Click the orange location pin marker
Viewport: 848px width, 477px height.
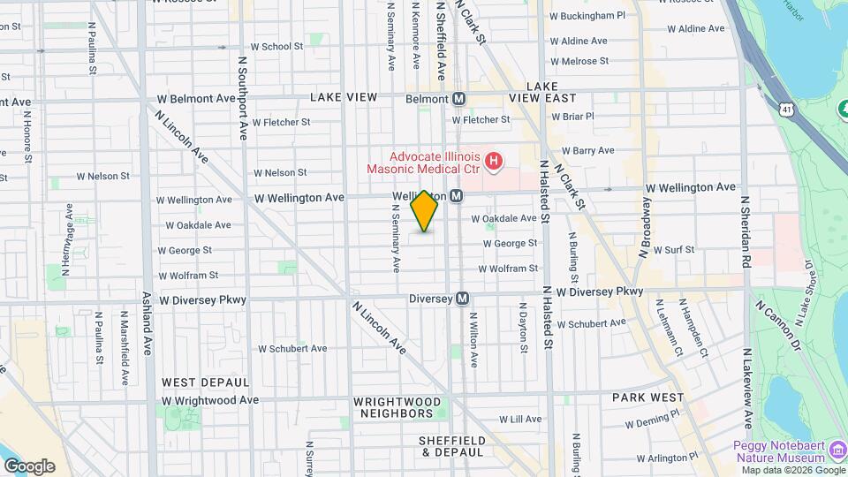click(424, 211)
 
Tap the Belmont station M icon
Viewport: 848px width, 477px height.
click(459, 99)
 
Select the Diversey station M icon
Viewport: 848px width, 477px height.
click(462, 299)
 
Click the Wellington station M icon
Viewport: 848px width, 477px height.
click(457, 195)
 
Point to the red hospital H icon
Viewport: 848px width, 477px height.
click(495, 161)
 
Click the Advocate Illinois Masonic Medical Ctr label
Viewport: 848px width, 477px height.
click(423, 161)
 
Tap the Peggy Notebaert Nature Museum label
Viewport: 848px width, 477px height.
click(778, 451)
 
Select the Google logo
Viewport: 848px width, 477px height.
click(28, 466)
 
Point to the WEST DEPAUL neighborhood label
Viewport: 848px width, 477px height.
click(196, 382)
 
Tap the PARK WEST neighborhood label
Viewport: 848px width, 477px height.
click(647, 397)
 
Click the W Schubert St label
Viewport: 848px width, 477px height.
click(292, 349)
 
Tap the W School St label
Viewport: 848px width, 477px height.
click(276, 46)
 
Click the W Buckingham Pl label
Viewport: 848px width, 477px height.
click(587, 15)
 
